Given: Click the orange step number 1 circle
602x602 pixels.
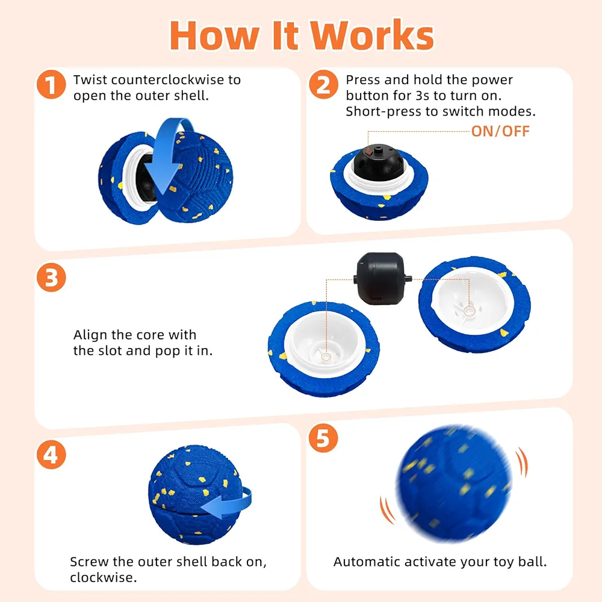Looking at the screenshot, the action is point(51,84).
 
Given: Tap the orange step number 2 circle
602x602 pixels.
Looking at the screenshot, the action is point(324,84).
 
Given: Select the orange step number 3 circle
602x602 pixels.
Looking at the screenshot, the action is point(51,277).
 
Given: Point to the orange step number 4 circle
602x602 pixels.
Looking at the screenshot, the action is point(51,455).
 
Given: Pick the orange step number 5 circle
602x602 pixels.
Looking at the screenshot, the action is point(323,438).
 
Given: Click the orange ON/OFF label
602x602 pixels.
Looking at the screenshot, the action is point(500,131).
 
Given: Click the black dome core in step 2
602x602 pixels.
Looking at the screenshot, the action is point(378,163).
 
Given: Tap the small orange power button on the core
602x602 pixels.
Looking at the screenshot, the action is point(368,152).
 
